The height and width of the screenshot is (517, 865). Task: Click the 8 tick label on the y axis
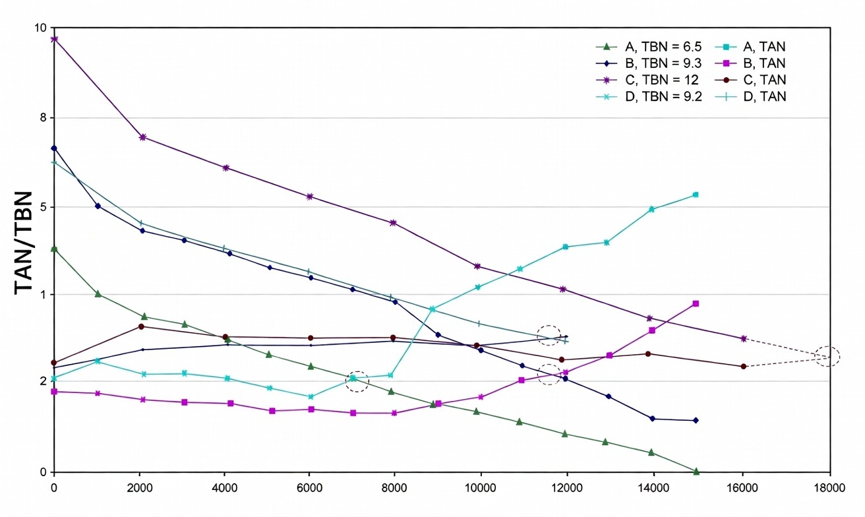pos(42,117)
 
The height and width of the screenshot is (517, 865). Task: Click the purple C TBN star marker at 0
pos(54,39)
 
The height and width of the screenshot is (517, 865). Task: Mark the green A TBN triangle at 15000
pos(696,471)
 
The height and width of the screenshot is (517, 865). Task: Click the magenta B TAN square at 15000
pos(696,303)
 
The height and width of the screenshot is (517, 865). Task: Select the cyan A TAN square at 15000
pos(696,195)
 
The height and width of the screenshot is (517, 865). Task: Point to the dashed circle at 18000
pos(827,356)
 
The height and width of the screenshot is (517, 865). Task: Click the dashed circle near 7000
pos(357,381)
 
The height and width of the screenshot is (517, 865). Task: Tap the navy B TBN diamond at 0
pos(54,148)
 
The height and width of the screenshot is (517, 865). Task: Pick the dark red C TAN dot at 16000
pos(744,366)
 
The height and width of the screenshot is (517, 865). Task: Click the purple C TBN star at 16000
pos(744,338)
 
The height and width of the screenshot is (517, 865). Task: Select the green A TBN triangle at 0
pos(54,249)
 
